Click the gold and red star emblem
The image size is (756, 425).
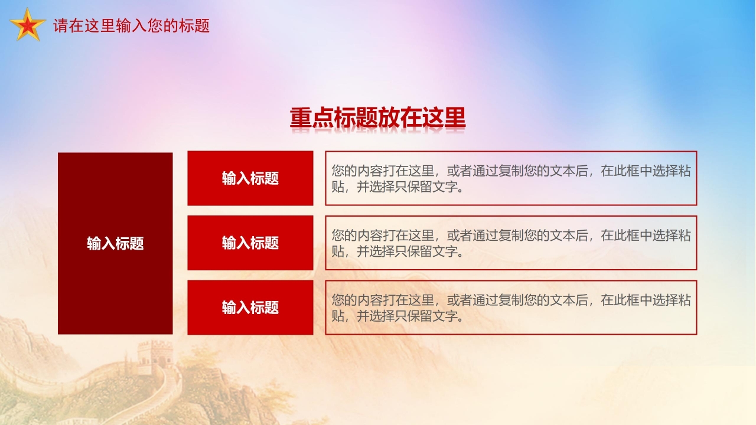pyautogui.click(x=27, y=25)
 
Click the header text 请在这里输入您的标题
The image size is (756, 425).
pyautogui.click(x=131, y=26)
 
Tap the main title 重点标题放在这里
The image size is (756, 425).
pyautogui.click(x=377, y=118)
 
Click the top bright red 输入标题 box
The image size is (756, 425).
pyautogui.click(x=250, y=178)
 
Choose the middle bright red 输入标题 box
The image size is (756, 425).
pyautogui.click(x=250, y=243)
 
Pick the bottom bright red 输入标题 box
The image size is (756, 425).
pyautogui.click(x=250, y=308)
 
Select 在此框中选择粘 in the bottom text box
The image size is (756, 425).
pyautogui.click(x=646, y=300)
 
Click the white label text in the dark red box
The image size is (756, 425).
pyautogui.click(x=115, y=244)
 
